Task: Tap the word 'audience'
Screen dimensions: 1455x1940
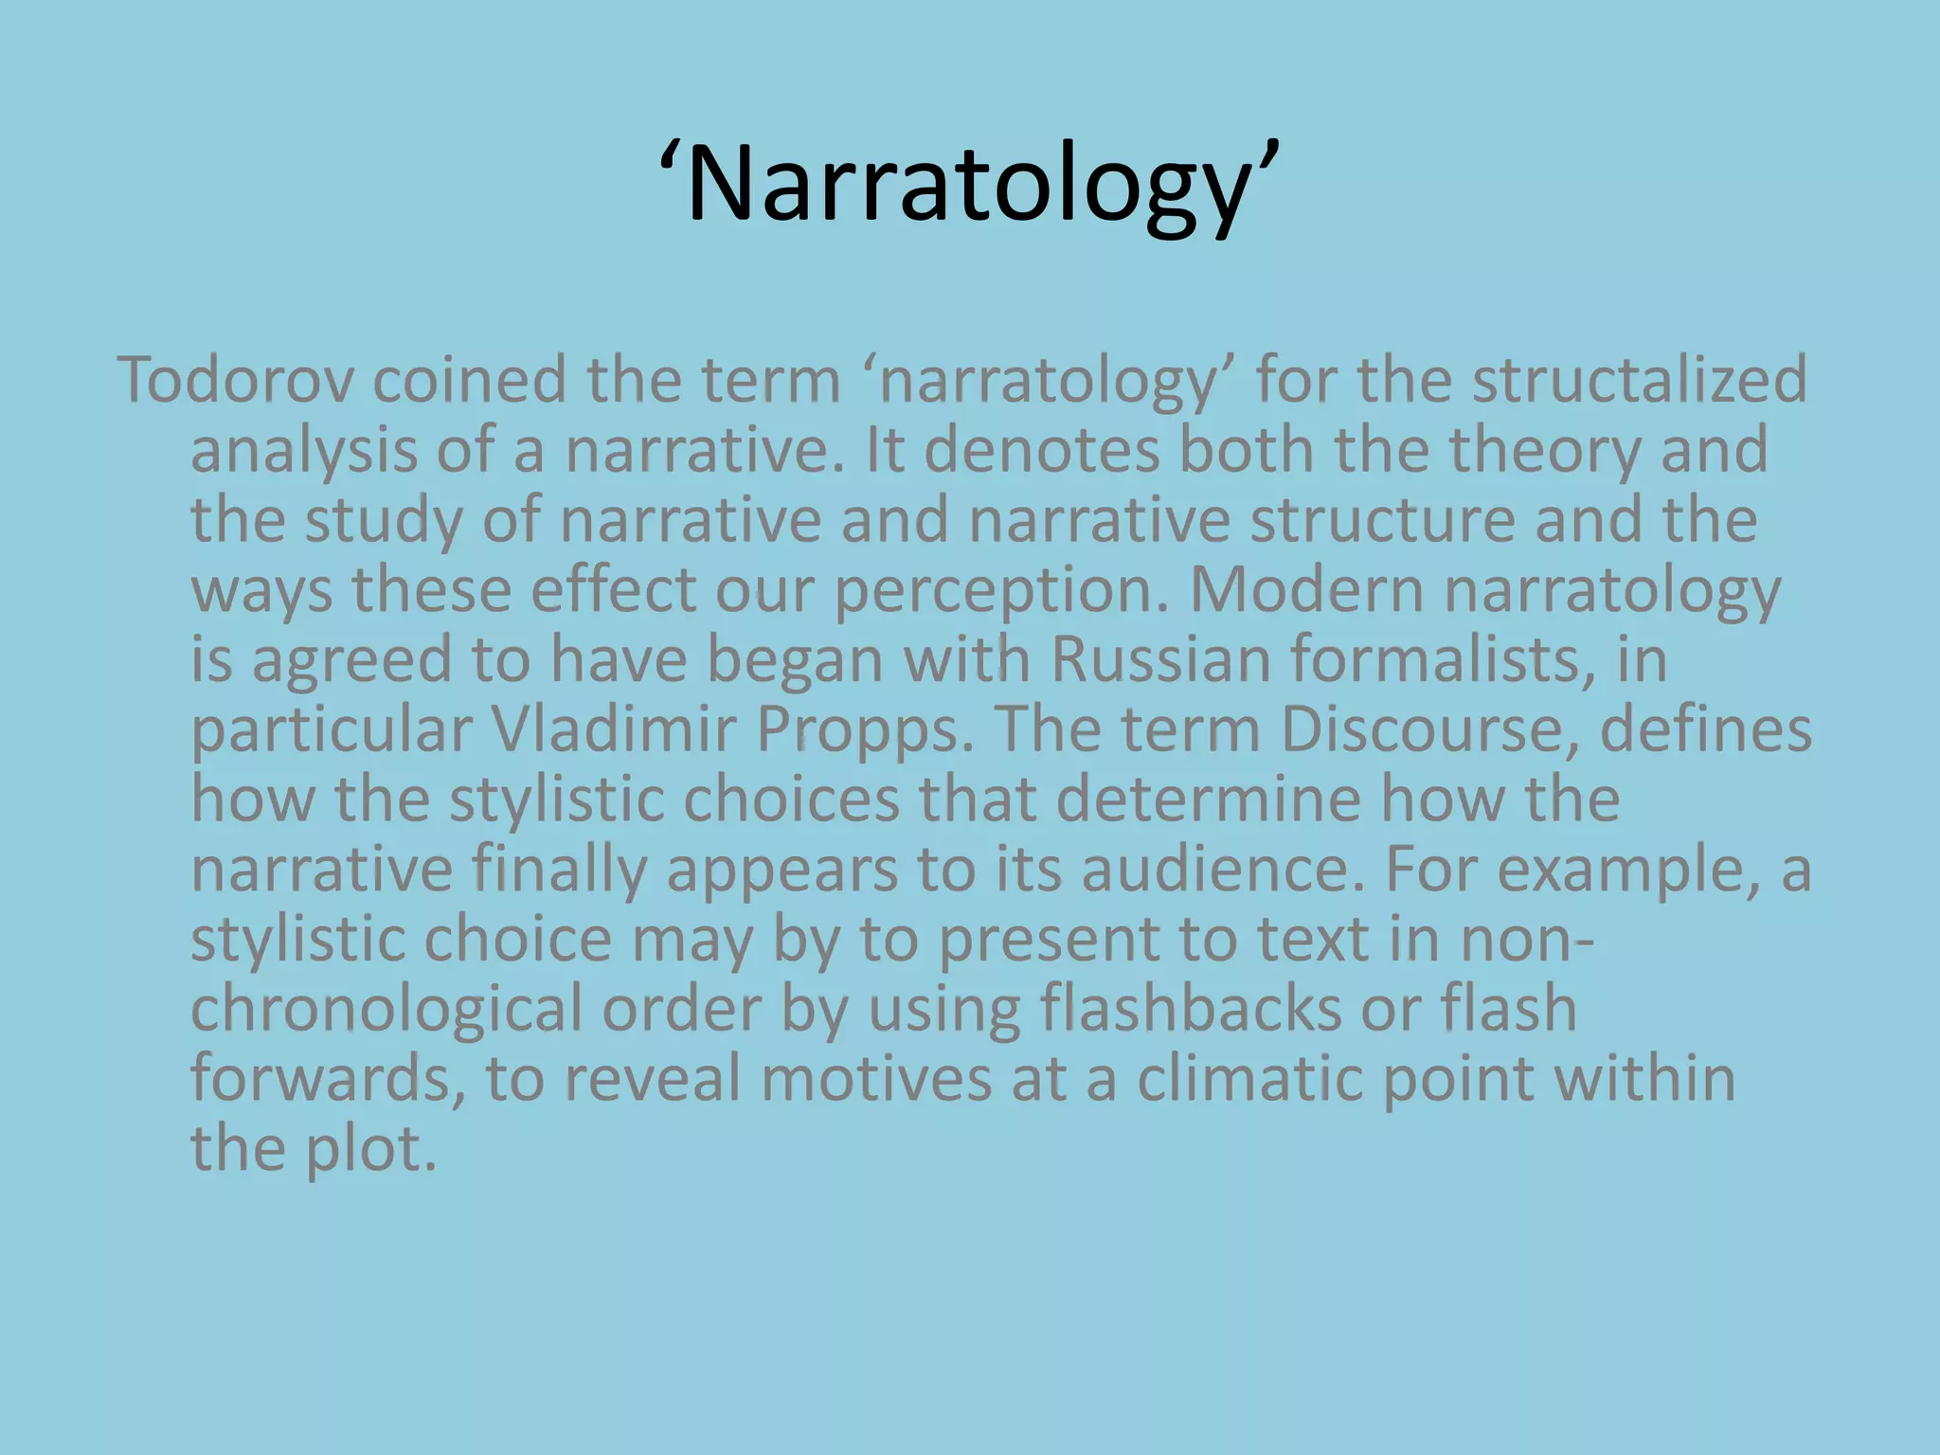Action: coord(1222,870)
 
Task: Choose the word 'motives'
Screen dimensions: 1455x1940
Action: coord(876,1079)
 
